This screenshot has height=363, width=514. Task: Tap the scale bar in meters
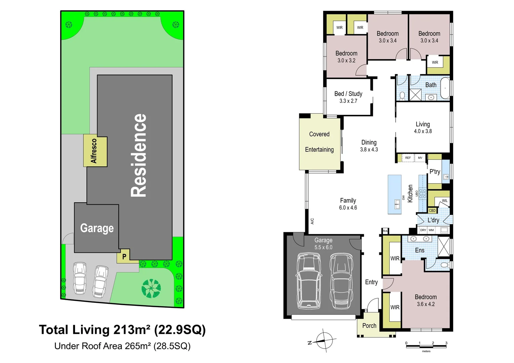click(426, 346)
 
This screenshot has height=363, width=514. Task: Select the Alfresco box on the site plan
click(95, 151)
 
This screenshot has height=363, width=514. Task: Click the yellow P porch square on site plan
click(124, 256)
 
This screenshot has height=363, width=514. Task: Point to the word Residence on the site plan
click(139, 155)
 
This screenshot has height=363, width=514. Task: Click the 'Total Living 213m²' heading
click(122, 330)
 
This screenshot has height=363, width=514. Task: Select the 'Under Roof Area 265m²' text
click(122, 346)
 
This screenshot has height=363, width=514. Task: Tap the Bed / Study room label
click(348, 97)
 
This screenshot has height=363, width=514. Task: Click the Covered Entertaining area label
click(319, 142)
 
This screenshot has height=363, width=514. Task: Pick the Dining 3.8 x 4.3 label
click(369, 146)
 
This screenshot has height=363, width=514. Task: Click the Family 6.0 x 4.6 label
click(348, 204)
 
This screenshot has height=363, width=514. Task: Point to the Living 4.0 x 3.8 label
click(423, 128)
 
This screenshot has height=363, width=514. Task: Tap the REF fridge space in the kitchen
click(408, 158)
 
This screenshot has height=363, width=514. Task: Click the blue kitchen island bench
click(394, 194)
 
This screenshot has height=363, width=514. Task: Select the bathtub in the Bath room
click(445, 88)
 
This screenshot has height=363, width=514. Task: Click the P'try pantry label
click(435, 172)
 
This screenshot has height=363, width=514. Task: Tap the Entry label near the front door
click(371, 282)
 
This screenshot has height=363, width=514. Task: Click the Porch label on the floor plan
click(369, 326)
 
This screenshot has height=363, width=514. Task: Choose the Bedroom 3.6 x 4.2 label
click(426, 300)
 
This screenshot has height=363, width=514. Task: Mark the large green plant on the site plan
click(151, 288)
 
